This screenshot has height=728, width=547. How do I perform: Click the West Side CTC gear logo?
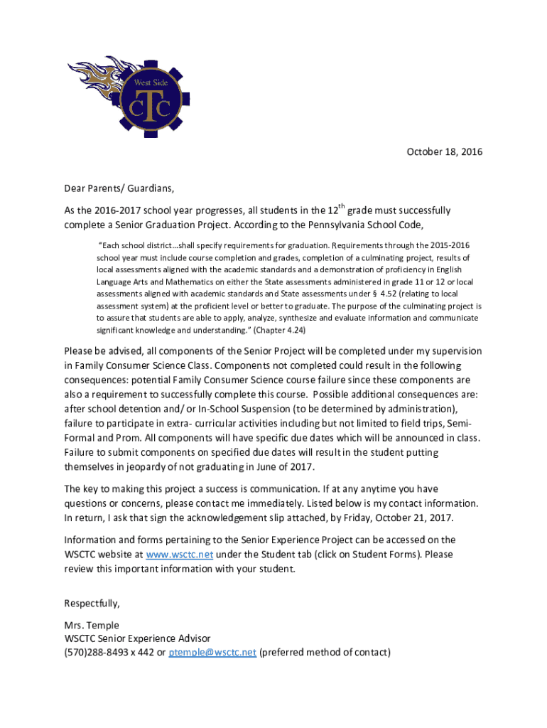click(x=146, y=100)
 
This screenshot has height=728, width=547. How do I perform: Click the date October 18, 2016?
click(x=444, y=152)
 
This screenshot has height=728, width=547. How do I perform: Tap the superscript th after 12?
click(x=342, y=207)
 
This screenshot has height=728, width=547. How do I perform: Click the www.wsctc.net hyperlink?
click(x=179, y=555)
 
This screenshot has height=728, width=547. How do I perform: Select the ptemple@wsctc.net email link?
click(x=212, y=653)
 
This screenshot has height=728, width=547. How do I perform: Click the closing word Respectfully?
click(x=92, y=604)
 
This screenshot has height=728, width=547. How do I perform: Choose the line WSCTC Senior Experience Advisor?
click(x=137, y=639)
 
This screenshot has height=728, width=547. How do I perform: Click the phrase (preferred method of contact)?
click(x=325, y=653)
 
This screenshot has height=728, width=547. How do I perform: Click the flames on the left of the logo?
click(x=92, y=86)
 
